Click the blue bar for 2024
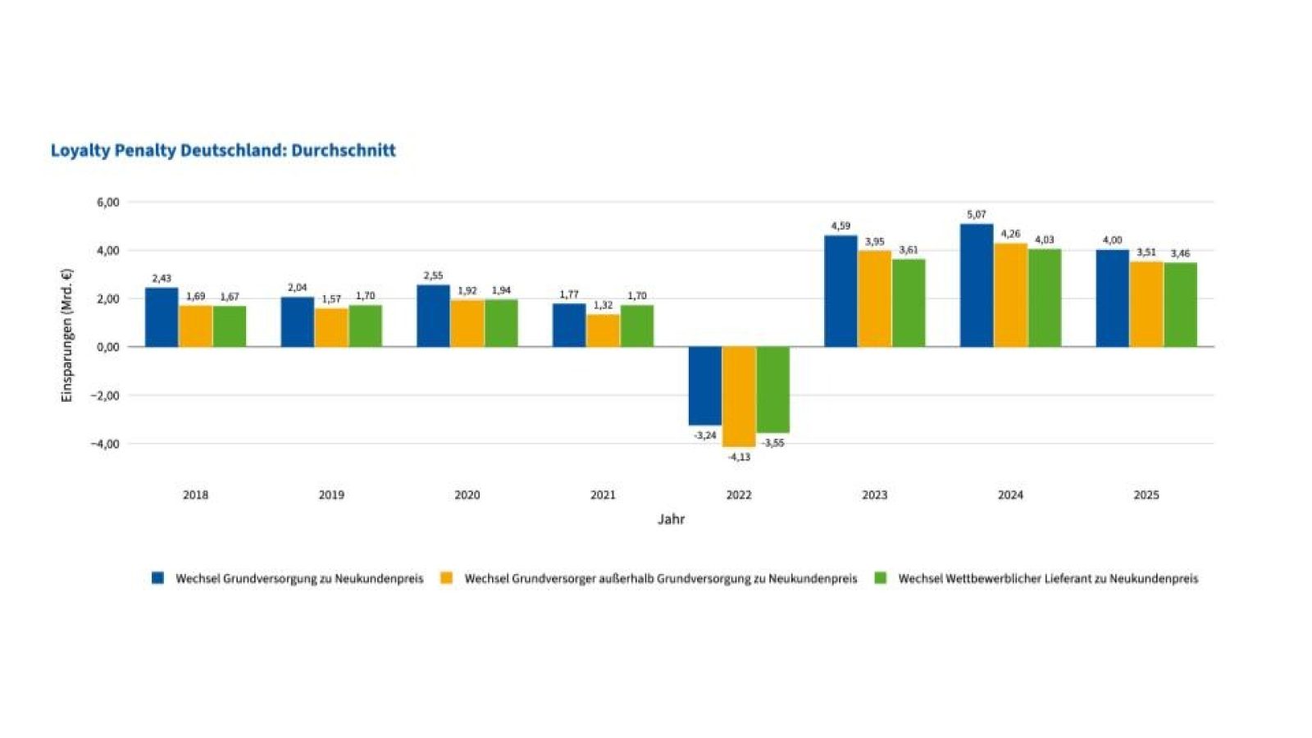coord(976,285)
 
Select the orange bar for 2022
coord(739,396)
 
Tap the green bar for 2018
coord(230,326)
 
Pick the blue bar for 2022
coord(704,385)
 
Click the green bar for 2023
coord(909,303)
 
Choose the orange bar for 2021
coord(603,330)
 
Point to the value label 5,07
coord(976,215)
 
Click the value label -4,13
coord(739,458)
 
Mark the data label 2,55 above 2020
coord(433,276)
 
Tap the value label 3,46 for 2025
coord(1180,254)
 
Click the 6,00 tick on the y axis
coord(107,202)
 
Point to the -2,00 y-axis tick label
coord(105,395)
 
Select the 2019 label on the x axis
coord(331,495)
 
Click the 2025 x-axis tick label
coord(1146,495)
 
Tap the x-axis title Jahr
coord(671,519)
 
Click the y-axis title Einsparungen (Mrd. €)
coord(67,335)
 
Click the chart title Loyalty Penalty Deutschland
coord(223,150)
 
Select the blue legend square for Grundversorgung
coord(158,578)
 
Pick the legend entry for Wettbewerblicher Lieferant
coord(1047,579)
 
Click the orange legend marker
coord(447,578)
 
